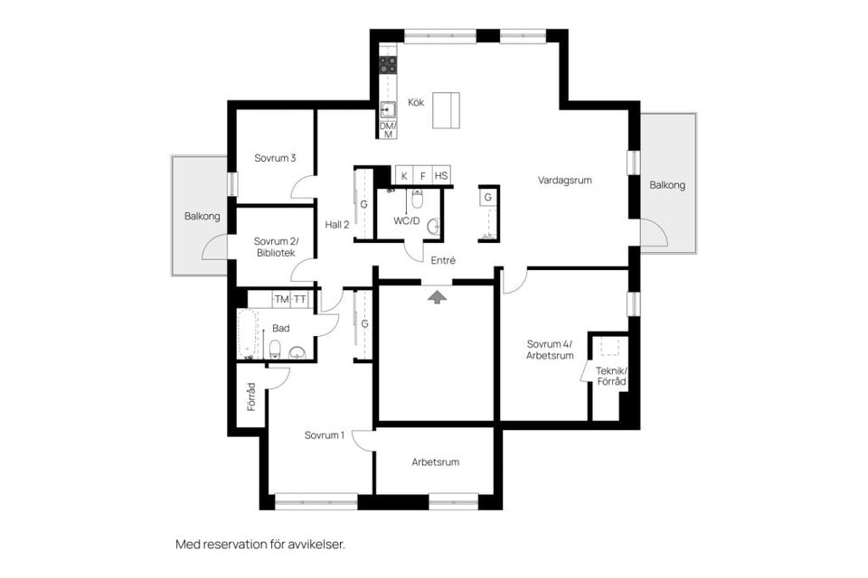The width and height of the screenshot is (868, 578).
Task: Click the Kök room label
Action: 416,102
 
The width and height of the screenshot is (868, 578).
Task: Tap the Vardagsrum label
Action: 564,180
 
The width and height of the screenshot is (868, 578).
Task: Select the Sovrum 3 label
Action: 275,158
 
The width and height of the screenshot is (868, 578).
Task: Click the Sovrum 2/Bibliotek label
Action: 275,247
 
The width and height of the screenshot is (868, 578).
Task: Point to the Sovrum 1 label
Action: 324,435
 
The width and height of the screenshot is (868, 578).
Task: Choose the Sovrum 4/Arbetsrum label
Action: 550,349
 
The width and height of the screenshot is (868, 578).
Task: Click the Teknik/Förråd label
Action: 611,377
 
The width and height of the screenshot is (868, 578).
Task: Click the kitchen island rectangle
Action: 444,111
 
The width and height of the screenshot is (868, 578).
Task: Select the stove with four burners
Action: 388,64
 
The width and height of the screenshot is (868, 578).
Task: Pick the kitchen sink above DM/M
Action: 388,110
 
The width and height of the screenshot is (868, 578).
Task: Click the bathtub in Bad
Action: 247,333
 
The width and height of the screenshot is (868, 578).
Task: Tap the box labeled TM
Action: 281,299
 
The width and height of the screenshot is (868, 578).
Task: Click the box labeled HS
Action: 440,175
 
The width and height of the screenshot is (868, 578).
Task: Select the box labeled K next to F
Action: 404,175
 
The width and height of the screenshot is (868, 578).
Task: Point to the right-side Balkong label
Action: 667,185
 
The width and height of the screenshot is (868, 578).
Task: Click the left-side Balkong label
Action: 202,216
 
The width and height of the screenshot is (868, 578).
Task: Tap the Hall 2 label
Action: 337,224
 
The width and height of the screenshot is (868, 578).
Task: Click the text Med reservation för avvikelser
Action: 260,545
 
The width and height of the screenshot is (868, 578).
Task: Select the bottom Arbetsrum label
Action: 435,461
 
